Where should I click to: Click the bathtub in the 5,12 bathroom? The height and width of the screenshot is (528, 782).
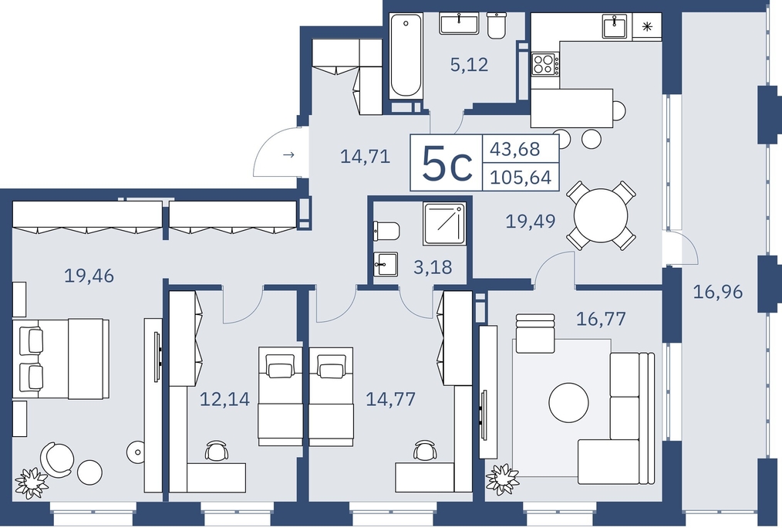pos(406,55)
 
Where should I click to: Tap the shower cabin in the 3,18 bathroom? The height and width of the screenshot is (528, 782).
pos(444,224)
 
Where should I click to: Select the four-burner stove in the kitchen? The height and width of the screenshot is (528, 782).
pos(545,64)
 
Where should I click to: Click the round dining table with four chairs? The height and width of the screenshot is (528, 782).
pos(601,215)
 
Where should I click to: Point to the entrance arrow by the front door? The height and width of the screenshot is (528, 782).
pos(288,154)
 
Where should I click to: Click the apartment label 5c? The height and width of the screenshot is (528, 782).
pos(447,163)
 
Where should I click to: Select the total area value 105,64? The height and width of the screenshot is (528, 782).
pos(521,178)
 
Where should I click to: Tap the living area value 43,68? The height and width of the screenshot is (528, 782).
pos(514,149)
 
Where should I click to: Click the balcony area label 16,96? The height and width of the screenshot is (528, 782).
pos(718,292)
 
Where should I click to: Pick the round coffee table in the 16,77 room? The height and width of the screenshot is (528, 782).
pos(568,402)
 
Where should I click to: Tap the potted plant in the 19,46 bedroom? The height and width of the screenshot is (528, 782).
pos(32,482)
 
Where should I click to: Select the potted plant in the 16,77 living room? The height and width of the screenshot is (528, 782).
pos(502,479)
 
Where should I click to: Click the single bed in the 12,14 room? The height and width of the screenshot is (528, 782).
pos(280,396)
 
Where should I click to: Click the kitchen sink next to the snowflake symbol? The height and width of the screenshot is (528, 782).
pos(616,26)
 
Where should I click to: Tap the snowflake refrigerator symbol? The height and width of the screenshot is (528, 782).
pos(647,26)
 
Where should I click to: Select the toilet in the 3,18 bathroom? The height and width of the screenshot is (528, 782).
pos(386,231)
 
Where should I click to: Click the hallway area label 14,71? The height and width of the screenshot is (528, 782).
pos(365,157)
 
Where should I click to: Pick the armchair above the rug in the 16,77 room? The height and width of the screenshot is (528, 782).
pos(535,333)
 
